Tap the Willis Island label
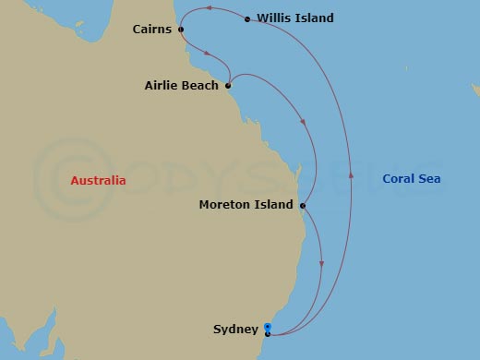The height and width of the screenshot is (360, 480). click(x=295, y=18)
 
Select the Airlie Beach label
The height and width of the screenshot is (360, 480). click(x=182, y=86)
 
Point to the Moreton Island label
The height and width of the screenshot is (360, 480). click(x=246, y=205)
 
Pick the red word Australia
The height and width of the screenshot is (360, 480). click(x=98, y=181)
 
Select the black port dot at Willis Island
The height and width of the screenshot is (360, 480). click(x=247, y=18)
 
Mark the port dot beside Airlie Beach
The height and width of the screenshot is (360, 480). click(x=228, y=86)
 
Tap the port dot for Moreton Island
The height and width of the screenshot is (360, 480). click(x=303, y=205)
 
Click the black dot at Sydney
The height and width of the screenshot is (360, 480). click(x=268, y=333)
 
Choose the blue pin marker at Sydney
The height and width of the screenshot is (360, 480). click(x=268, y=326)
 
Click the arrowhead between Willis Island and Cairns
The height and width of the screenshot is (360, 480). click(x=209, y=8)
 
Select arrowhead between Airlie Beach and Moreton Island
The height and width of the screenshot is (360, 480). click(x=303, y=121)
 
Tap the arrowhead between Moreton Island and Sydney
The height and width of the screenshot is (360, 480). click(x=321, y=265)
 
